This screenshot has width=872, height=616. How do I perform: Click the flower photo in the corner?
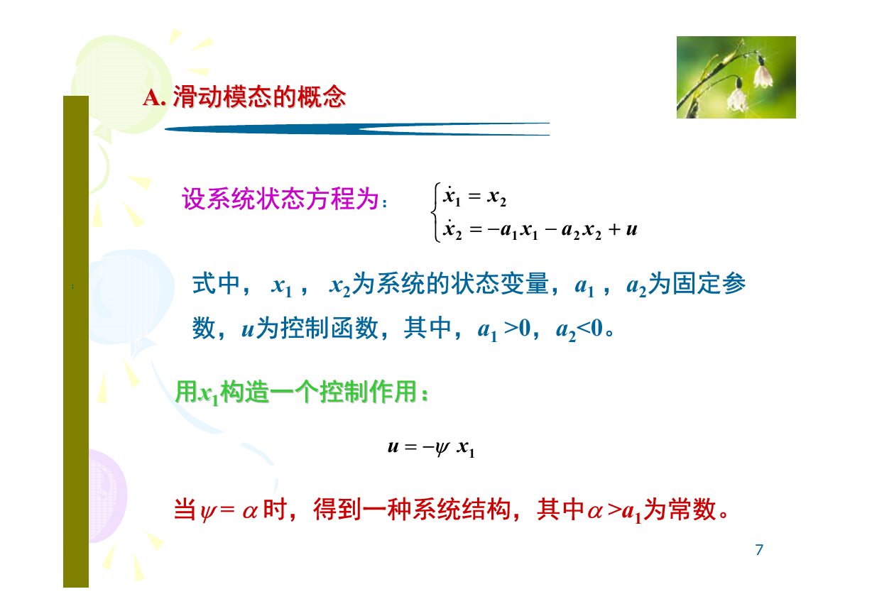pos(736,77)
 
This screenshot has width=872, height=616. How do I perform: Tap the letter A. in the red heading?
pos(155,97)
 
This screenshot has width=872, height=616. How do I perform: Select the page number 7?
pos(759,549)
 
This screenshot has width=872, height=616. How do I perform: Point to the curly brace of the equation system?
pos(435,212)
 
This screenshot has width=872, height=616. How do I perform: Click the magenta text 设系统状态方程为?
pos(280,199)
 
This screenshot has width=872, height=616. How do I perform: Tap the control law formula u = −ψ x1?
pos(431,448)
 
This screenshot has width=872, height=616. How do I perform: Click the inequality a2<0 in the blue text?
pos(579,329)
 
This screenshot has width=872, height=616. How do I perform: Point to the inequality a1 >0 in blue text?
pos(504,329)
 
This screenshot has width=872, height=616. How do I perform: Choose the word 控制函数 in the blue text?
pos(329,328)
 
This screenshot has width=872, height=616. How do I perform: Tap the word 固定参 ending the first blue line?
pos(709,283)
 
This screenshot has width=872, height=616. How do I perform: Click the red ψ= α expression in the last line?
pos(229,510)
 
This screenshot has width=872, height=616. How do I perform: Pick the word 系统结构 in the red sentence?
pos(462,509)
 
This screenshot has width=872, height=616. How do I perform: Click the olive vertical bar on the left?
pos(76,341)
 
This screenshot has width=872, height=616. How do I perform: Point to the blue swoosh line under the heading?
pos(357,129)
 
